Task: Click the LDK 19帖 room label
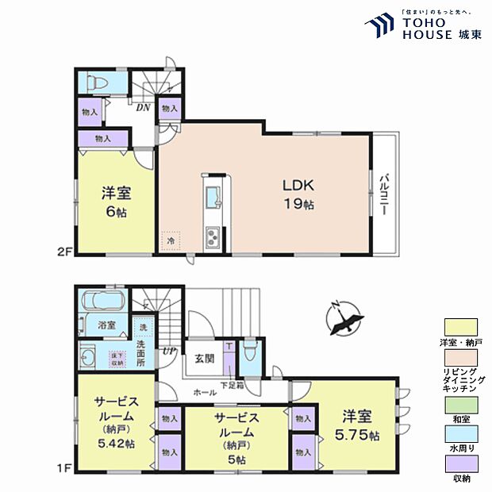pyautogui.click(x=301, y=193)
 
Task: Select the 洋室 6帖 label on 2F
pyautogui.click(x=116, y=202)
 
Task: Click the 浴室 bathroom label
pyautogui.click(x=107, y=325)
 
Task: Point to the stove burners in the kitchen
pyautogui.click(x=214, y=236)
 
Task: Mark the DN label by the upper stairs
pyautogui.click(x=144, y=107)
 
